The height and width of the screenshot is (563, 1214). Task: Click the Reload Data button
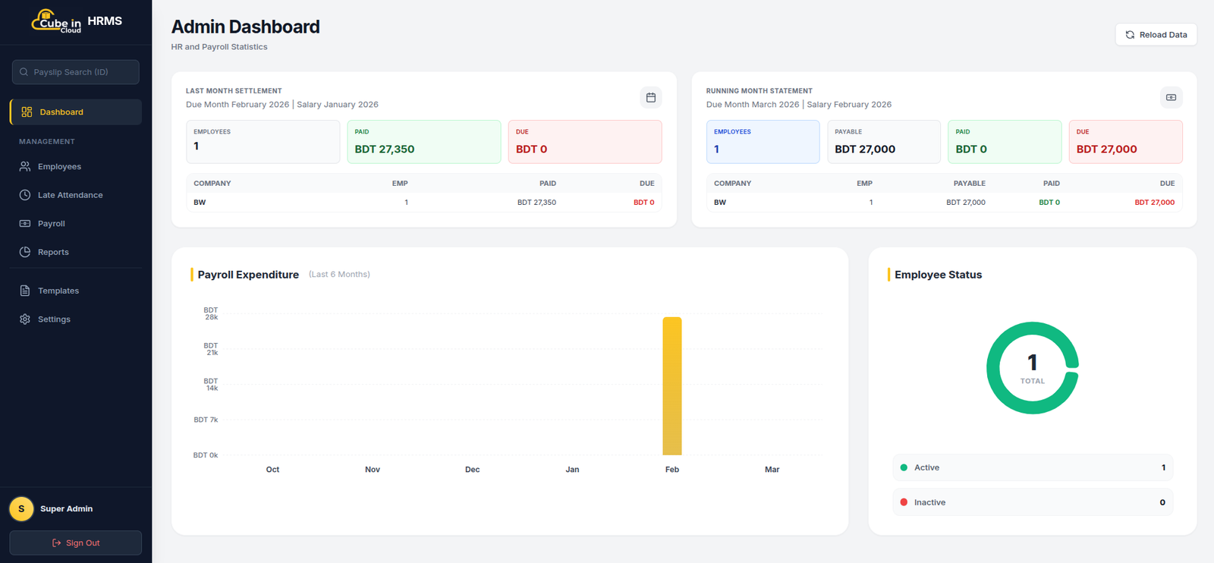(x=1156, y=35)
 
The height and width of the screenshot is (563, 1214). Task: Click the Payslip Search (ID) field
(x=75, y=72)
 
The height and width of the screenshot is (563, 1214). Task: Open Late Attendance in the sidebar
(x=70, y=195)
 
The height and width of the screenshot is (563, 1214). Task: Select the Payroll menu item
(x=52, y=223)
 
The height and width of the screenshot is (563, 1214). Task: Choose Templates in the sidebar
(x=58, y=291)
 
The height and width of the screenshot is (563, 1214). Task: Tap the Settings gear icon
(x=25, y=319)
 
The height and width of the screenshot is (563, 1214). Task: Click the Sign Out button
(x=75, y=543)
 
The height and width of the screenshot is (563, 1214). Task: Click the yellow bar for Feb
(x=672, y=385)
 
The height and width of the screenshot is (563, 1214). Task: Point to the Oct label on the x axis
(x=272, y=469)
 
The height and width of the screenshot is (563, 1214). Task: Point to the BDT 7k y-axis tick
(x=206, y=420)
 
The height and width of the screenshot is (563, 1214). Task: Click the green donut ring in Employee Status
(x=993, y=368)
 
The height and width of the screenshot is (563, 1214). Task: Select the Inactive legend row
(x=1033, y=502)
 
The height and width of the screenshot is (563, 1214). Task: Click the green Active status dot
(x=904, y=467)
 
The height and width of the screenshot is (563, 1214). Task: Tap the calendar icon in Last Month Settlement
(x=651, y=98)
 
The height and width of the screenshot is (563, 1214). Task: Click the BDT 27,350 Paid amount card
(x=424, y=142)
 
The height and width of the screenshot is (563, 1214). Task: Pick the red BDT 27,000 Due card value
(x=1106, y=149)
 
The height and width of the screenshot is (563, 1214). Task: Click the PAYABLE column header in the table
(x=969, y=183)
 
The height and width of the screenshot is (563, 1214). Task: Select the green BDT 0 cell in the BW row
(x=1049, y=202)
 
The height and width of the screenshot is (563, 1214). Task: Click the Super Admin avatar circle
(x=22, y=509)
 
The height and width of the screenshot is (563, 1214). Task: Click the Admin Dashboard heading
(x=246, y=27)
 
